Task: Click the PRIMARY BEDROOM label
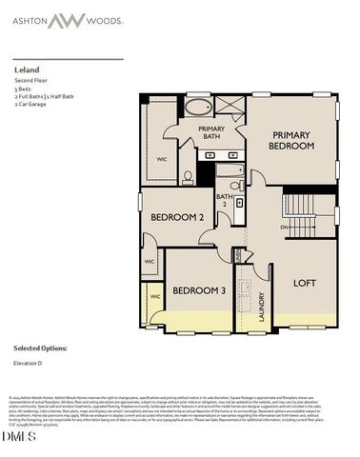(292, 141)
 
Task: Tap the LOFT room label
(304, 283)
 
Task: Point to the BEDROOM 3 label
(198, 289)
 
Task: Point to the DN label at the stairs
(283, 228)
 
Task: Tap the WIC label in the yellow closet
(156, 297)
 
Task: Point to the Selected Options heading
(41, 349)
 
